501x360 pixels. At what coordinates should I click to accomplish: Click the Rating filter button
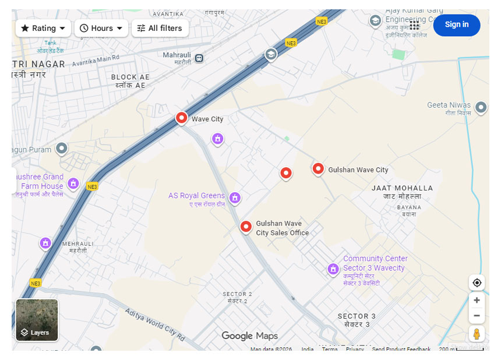click(43, 28)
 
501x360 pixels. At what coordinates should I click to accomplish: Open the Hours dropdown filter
click(101, 28)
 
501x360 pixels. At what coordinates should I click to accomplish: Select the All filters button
click(160, 28)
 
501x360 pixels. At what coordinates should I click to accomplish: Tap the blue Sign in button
click(456, 24)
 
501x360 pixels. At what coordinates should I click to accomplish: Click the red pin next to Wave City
click(182, 118)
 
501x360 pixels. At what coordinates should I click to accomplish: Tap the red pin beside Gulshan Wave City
click(318, 169)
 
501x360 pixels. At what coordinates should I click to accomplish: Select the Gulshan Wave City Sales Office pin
click(246, 227)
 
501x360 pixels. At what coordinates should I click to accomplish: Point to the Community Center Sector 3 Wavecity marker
click(333, 269)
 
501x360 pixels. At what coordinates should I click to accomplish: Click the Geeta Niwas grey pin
click(481, 107)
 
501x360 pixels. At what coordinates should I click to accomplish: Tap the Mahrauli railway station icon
click(200, 58)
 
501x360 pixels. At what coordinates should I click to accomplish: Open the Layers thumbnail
click(37, 320)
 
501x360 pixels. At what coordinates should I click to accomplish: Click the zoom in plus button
click(477, 300)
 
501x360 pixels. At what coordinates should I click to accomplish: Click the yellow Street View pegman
click(477, 334)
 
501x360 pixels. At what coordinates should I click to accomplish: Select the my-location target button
click(477, 283)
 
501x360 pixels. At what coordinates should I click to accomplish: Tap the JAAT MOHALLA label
click(402, 188)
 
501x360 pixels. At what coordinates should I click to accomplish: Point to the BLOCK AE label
click(130, 77)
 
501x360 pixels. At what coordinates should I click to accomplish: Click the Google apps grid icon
click(415, 25)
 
